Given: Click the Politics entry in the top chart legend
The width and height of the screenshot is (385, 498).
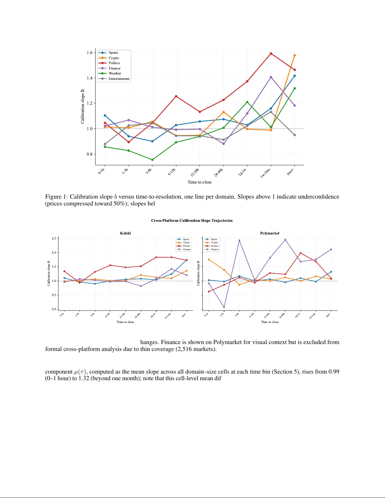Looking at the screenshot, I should pos(114,63).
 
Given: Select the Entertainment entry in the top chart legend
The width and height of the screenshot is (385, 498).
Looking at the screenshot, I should pos(119,79).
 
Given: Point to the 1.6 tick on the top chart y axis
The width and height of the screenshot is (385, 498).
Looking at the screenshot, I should pos(90,52).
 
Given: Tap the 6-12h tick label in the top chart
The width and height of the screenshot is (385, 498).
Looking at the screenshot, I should pos(172,172).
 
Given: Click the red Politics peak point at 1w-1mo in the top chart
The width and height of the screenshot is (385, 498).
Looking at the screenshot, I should pos(271,54).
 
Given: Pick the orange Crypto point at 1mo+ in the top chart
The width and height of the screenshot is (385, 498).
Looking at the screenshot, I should pos(294,55).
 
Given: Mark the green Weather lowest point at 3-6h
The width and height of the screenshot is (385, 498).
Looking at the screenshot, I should pos(152,160).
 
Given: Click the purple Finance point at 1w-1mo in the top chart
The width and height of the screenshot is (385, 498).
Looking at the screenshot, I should pos(271,77).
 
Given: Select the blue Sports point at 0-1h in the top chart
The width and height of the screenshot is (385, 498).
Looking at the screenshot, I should pos(105,116).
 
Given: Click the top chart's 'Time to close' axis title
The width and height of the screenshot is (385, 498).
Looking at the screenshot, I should pos(200,182).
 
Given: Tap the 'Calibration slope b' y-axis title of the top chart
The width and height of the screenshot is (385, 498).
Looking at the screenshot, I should pos(83,106).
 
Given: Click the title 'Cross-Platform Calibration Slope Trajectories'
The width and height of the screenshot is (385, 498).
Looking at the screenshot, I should pos(192,221).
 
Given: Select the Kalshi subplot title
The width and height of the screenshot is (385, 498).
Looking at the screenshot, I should pos(125,233).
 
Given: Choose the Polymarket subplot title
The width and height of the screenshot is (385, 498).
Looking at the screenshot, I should pos(270,233).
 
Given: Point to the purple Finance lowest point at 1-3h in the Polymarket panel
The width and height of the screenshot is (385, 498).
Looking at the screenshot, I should pos(224,307).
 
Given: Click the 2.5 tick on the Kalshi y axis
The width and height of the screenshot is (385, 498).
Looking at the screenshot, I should pos(54,238).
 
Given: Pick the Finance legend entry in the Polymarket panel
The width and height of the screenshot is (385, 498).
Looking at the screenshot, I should pos(215,249).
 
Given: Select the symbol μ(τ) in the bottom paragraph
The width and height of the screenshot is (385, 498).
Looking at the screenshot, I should pos(81,372).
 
